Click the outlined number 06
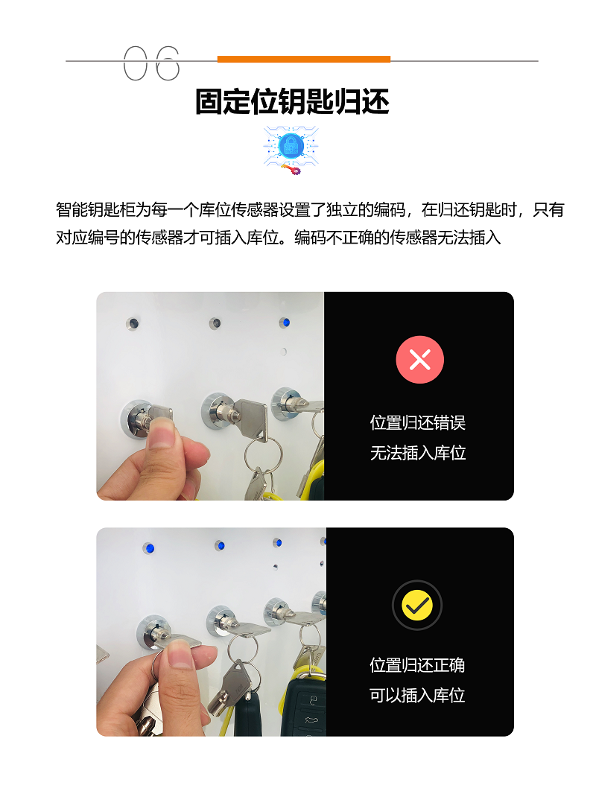point(151,63)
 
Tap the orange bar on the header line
point(304,60)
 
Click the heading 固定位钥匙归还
point(292,102)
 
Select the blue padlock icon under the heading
point(291,147)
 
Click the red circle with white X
point(419,360)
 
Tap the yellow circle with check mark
point(417,605)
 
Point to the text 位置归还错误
point(418,422)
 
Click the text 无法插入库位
point(418,452)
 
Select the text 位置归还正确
point(417,665)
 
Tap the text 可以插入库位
point(417,695)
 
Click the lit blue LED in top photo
point(285,323)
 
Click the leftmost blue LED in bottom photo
point(149,548)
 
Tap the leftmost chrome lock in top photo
point(138,419)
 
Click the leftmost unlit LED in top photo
point(133,323)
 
